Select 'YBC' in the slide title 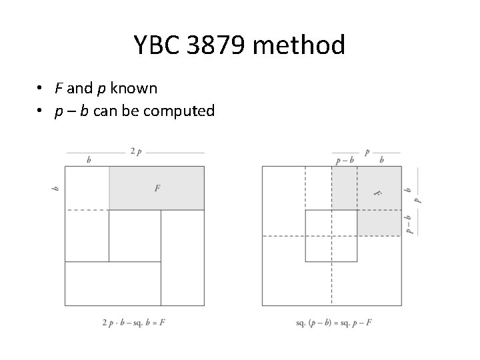pos(157,45)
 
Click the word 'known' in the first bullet pos(134,89)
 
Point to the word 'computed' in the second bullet pos(181,111)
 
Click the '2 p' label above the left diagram pos(135,152)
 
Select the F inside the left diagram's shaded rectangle pos(157,189)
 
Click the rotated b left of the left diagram pos(55,189)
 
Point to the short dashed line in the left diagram pos(87,210)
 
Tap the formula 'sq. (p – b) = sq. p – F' pos(333,322)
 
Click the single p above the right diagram pos(367,152)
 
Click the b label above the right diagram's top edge pos(381,160)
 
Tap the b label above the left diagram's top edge pos(89,160)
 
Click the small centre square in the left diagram pos(135,235)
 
